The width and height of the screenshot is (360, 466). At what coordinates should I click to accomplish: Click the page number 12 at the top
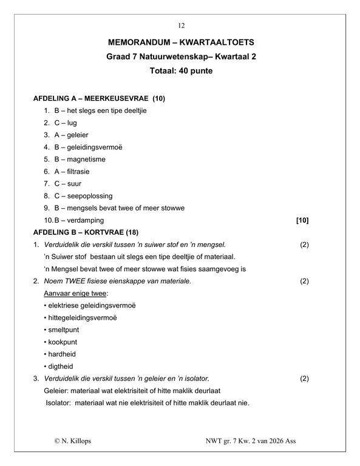pyautogui.click(x=181, y=25)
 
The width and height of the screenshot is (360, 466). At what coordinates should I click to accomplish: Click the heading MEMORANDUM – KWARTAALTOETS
pyautogui.click(x=180, y=43)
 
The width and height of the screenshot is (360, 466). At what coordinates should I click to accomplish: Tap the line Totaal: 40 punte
pyautogui.click(x=180, y=70)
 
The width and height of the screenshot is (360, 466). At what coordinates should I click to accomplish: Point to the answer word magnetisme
pyautogui.click(x=86, y=159)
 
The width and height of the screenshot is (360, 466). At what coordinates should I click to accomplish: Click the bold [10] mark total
pyautogui.click(x=302, y=220)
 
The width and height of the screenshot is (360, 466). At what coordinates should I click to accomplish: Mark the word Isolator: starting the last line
pyautogui.click(x=58, y=403)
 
